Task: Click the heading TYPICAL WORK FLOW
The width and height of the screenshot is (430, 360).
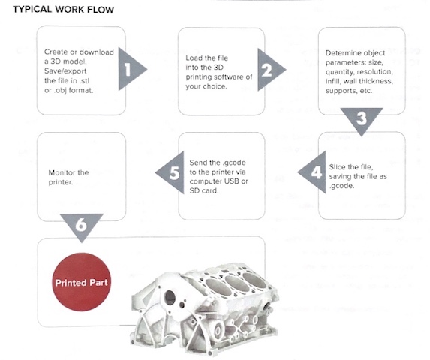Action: pos(63,10)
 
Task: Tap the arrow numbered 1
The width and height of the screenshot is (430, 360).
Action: pos(131,69)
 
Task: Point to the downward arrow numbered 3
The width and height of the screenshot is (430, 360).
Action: pos(362,119)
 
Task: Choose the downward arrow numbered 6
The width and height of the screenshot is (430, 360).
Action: pos(82,226)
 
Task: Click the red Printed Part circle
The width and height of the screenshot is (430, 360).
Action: pos(82,282)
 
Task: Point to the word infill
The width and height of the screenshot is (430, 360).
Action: pos(333,81)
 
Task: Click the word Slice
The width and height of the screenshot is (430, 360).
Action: pos(336,166)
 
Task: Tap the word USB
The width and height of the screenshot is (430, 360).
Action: pos(232,181)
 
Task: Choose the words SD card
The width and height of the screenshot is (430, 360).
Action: pos(204,190)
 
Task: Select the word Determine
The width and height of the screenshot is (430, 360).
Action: pos(339,53)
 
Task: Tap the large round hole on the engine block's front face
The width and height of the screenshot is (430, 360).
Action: pos(170,298)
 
